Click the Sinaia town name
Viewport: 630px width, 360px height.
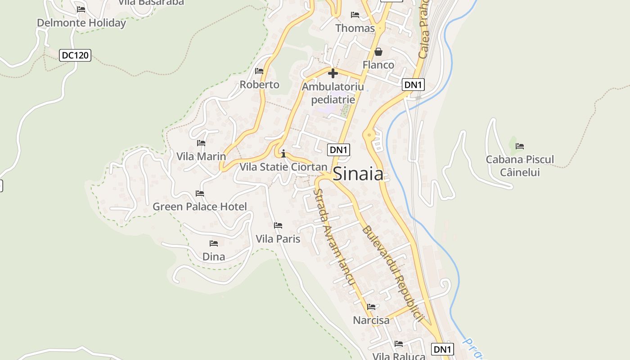[358, 174]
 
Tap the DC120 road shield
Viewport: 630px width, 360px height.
[76, 55]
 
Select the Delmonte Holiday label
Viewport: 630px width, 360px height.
[81, 23]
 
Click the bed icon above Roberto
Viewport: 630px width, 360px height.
[259, 71]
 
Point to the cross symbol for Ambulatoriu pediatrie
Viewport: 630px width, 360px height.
[333, 73]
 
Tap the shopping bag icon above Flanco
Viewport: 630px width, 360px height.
[378, 52]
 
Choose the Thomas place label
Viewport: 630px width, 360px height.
[355, 28]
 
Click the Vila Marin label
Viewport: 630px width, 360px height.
[201, 157]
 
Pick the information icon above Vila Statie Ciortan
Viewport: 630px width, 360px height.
[283, 154]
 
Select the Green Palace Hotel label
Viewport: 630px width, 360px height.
[200, 207]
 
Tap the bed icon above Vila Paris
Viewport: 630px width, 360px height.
[278, 225]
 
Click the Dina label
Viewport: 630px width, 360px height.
[214, 256]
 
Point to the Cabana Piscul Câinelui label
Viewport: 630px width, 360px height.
[520, 166]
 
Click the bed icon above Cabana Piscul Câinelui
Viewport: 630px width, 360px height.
[520, 146]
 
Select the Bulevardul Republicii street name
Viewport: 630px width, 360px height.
[393, 273]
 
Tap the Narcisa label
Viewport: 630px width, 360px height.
[371, 320]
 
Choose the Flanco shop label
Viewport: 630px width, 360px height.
[378, 65]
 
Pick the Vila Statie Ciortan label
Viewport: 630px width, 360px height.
[283, 167]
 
